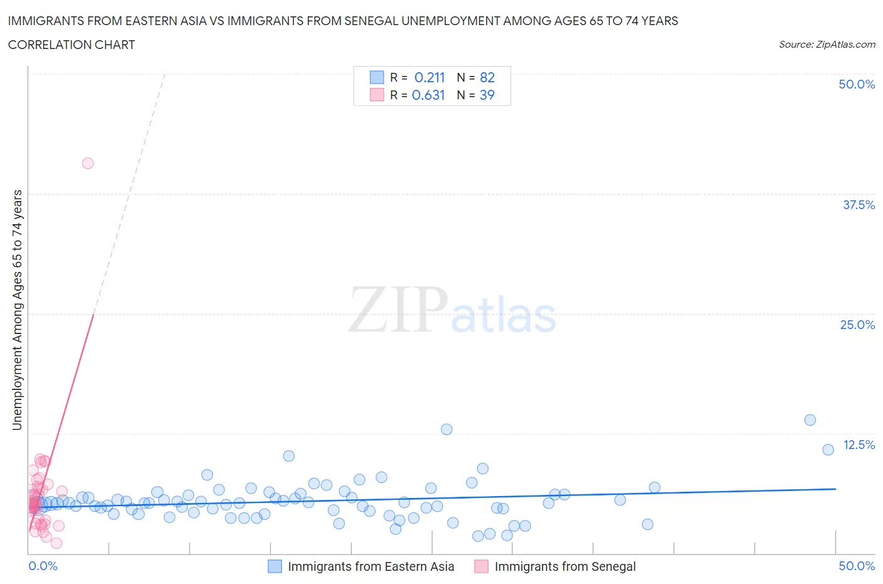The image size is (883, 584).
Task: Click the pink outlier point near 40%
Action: pos(88,163)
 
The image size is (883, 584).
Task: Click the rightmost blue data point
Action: pos(828,450)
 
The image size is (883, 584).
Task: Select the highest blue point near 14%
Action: pos(810,420)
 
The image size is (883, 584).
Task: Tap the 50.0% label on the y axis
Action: pos(857,85)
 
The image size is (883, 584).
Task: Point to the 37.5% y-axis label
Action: pos(859,205)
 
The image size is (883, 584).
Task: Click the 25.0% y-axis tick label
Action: pos(857,325)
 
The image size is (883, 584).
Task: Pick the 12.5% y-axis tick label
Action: pos(859,445)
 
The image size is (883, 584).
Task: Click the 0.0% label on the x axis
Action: pos(43,566)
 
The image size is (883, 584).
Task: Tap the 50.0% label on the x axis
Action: pos(857,566)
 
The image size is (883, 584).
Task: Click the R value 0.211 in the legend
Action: pos(430,77)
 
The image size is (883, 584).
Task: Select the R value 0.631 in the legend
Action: pos(428,95)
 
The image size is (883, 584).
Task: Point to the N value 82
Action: pos(487,77)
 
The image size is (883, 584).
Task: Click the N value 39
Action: pos(487,95)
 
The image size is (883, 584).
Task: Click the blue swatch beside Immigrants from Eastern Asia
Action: pos(275,566)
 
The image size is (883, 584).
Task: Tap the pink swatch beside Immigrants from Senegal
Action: pos(481,566)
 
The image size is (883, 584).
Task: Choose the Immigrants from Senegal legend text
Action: pos(565,566)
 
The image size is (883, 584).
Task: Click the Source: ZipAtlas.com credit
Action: pos(826,45)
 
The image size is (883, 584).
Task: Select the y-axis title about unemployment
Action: pos(17,310)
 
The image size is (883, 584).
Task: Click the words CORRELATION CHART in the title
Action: pos(72,45)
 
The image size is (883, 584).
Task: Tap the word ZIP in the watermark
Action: pos(398,310)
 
